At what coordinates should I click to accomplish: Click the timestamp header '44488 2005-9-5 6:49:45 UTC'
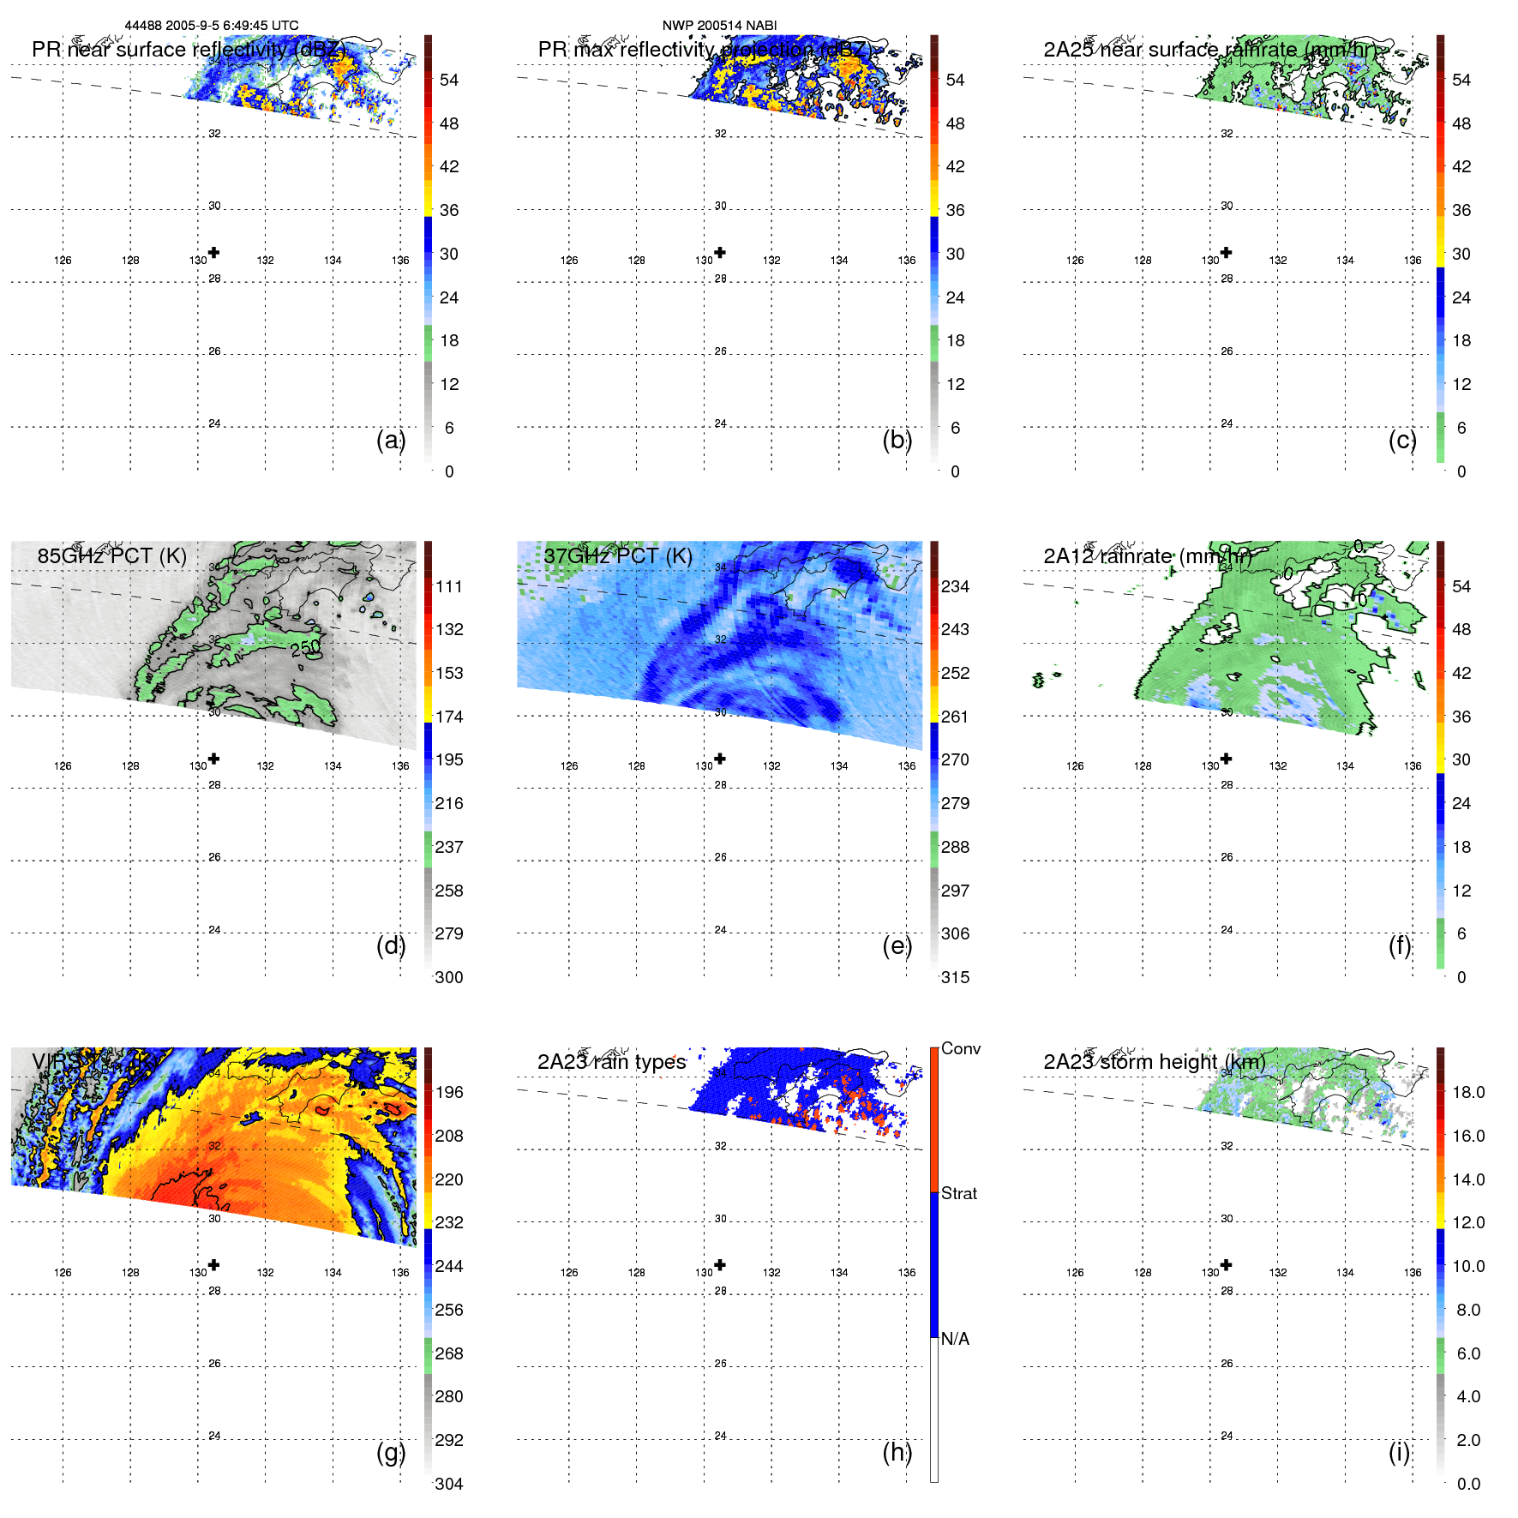pos(212,26)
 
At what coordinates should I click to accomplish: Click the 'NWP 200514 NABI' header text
pos(719,26)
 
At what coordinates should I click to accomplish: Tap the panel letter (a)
pos(391,440)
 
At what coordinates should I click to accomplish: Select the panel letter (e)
pos(897,945)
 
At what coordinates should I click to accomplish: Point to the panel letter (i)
pos(1399,1452)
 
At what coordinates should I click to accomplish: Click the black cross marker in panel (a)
pos(213,252)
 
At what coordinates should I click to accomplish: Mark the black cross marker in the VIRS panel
pos(213,1264)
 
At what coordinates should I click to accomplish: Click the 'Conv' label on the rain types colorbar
pos(960,1048)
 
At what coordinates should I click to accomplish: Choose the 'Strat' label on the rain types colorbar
pos(958,1193)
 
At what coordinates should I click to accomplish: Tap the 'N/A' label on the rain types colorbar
pos(955,1339)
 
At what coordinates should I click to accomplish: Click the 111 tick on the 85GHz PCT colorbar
pos(448,586)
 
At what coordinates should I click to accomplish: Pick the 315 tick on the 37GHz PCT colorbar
pos(955,977)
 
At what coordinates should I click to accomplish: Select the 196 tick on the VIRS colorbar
pos(448,1092)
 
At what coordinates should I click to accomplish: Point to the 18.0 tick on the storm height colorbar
pos(1467,1092)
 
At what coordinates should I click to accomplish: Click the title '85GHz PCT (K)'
pos(111,555)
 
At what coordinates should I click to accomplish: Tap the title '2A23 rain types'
pos(611,1061)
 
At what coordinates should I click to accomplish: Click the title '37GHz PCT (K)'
pos(617,555)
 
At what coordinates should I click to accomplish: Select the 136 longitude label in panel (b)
pos(906,261)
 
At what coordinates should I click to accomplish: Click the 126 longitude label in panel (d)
pos(63,766)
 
